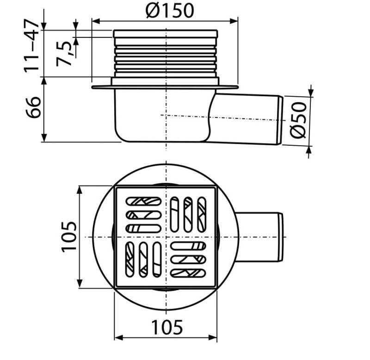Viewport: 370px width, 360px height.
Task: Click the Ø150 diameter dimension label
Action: tap(170, 11)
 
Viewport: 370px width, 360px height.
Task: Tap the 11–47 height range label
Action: tap(31, 46)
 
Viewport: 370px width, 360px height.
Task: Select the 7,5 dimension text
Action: tap(63, 54)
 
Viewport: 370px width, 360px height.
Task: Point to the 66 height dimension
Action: tap(33, 107)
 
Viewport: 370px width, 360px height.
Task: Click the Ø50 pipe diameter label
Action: tap(298, 120)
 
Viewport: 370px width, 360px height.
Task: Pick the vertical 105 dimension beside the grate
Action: tap(69, 237)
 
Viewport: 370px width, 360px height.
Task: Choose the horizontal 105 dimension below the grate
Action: tap(167, 328)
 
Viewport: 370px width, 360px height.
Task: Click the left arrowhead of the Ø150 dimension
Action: tap(96, 21)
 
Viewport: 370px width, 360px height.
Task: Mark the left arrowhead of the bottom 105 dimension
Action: tap(118, 338)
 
